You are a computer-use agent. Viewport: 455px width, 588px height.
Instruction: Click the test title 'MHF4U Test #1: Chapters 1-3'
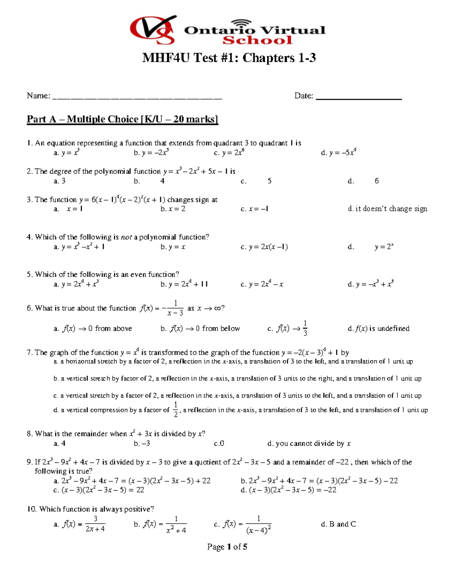click(229, 58)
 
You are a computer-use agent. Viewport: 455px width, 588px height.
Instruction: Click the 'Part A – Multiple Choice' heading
click(122, 119)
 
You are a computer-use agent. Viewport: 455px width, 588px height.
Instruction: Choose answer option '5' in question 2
click(270, 181)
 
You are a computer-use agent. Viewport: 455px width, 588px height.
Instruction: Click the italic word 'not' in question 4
click(126, 237)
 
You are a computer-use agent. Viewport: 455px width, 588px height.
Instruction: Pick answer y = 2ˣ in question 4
click(384, 247)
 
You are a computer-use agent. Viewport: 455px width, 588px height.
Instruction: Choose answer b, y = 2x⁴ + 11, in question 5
click(184, 284)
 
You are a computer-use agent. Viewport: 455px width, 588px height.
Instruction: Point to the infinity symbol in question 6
click(217, 308)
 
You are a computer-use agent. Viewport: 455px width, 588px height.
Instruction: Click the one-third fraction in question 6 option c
click(305, 328)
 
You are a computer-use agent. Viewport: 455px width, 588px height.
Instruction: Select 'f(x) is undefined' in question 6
click(379, 329)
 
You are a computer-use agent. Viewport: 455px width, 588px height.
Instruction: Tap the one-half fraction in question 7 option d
click(176, 410)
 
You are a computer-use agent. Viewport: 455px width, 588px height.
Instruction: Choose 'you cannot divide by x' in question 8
click(309, 443)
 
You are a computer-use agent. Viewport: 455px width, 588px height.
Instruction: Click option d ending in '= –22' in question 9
click(289, 490)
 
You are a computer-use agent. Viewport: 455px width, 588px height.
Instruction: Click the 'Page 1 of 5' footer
click(227, 547)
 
